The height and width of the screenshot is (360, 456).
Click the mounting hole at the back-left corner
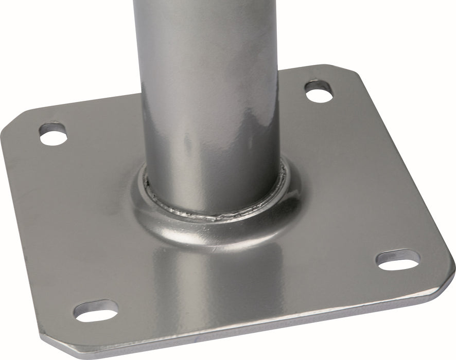(54, 135)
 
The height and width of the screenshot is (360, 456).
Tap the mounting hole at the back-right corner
(319, 92)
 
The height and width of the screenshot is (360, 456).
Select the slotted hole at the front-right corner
(398, 260)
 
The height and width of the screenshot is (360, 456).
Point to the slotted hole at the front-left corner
(96, 310)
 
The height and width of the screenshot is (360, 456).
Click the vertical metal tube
(208, 93)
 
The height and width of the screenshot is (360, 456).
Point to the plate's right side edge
(407, 170)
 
